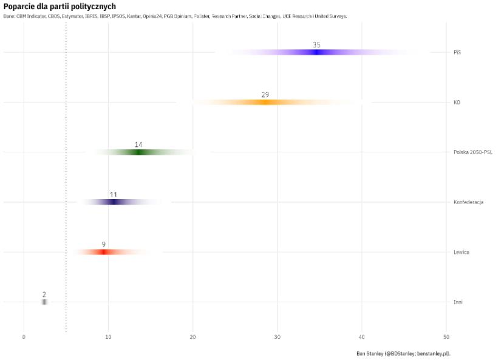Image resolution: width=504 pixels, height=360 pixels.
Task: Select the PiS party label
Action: [x=457, y=52]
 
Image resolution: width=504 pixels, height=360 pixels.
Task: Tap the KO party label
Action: [x=457, y=103]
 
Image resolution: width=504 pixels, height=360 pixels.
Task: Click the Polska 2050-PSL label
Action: [x=472, y=152]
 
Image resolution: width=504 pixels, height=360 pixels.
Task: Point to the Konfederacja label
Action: [x=468, y=202]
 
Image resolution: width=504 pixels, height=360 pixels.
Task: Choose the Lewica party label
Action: [x=461, y=252]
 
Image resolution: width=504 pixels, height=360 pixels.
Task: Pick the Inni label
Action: [x=458, y=302]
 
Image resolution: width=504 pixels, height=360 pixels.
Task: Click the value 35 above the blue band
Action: [x=316, y=45]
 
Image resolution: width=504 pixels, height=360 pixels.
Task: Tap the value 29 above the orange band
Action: [x=265, y=95]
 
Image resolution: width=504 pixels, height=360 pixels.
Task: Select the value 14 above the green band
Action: [x=138, y=144]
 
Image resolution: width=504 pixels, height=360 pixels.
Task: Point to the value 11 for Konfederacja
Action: [x=113, y=195]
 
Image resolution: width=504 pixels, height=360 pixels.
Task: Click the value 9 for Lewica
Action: [x=104, y=245]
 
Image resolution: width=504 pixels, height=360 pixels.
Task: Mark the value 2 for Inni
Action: [x=44, y=294]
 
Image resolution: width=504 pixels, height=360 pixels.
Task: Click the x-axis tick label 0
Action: [x=24, y=337]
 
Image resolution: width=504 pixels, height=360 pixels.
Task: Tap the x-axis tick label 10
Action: [x=108, y=337]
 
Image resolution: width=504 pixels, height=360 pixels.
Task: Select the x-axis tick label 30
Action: [x=278, y=337]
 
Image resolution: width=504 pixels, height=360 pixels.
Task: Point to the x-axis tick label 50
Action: [x=446, y=337]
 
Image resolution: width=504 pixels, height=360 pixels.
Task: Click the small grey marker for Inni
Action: [x=44, y=302]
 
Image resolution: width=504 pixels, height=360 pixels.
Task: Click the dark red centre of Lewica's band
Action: [x=104, y=252]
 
